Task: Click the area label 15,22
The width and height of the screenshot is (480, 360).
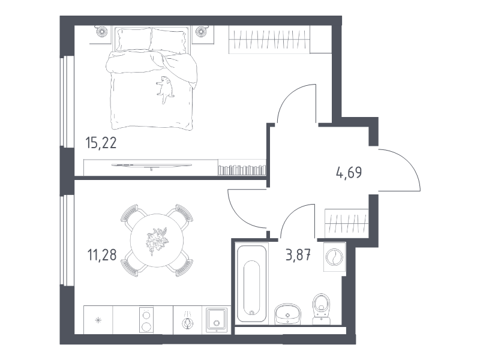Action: [x=101, y=143]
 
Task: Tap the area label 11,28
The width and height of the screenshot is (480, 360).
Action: [x=102, y=254]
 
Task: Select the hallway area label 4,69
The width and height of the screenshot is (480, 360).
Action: [x=349, y=173]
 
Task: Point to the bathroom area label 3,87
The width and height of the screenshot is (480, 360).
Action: [x=298, y=254]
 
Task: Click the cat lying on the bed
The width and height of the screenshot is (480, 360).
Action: [x=164, y=89]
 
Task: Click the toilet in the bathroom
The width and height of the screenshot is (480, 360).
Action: [x=321, y=308]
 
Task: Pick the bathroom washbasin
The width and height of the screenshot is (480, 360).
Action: [x=287, y=314]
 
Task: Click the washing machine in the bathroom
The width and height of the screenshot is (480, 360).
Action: [x=335, y=257]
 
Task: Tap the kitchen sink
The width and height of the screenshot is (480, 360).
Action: [x=217, y=320]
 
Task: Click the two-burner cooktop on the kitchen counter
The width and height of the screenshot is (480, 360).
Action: [x=146, y=320]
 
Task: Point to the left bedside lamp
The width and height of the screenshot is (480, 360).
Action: [x=102, y=31]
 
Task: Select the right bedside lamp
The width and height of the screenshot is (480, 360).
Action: [x=201, y=31]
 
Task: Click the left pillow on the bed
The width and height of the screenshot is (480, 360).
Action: [x=133, y=39]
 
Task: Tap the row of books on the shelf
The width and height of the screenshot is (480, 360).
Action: [x=242, y=170]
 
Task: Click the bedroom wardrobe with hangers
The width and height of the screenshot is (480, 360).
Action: [x=269, y=40]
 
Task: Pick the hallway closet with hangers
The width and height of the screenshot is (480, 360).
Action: [x=347, y=223]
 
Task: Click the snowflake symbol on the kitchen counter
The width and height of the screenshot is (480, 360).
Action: [x=98, y=320]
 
